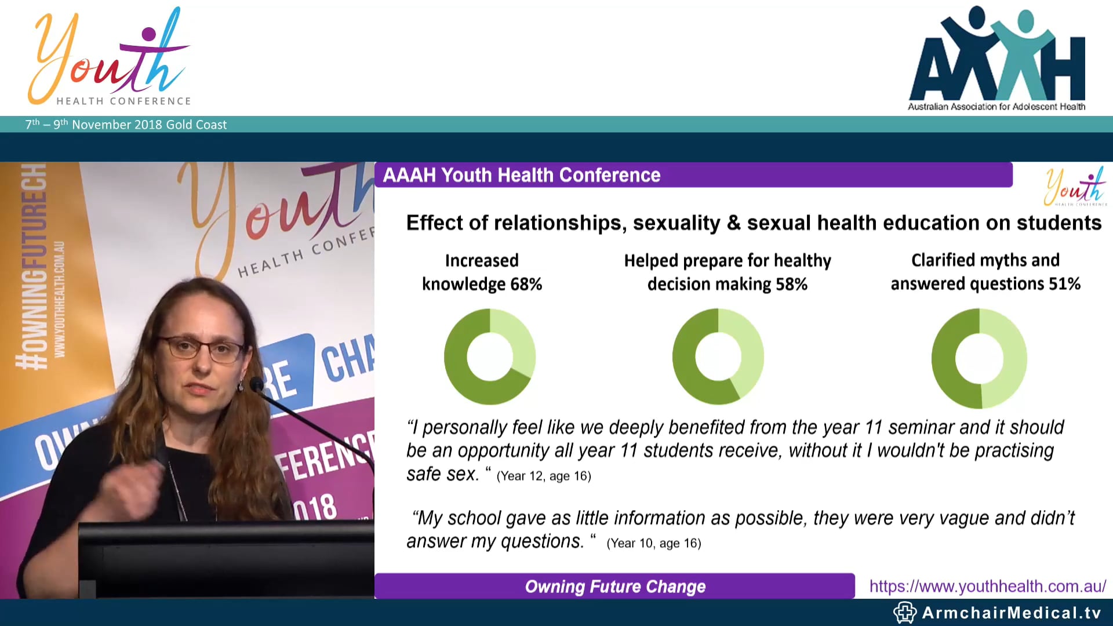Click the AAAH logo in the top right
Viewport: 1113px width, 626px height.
(997, 58)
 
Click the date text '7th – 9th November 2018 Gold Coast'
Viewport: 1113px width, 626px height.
(126, 125)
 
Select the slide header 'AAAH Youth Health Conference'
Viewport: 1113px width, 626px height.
(522, 175)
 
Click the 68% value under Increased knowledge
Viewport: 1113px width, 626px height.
(526, 284)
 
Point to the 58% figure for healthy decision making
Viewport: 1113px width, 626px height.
(792, 284)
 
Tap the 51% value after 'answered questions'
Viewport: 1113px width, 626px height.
(1065, 284)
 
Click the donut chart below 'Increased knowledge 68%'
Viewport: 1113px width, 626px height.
(490, 356)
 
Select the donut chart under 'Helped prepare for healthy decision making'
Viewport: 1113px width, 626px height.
(718, 356)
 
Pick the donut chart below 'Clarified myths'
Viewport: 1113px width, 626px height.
(979, 358)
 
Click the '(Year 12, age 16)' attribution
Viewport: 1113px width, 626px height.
(544, 476)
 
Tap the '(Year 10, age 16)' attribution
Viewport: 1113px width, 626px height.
(654, 543)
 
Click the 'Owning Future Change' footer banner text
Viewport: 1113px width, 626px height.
(615, 587)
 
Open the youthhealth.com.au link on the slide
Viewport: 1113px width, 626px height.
(987, 586)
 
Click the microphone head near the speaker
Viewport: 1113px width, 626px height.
(256, 385)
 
